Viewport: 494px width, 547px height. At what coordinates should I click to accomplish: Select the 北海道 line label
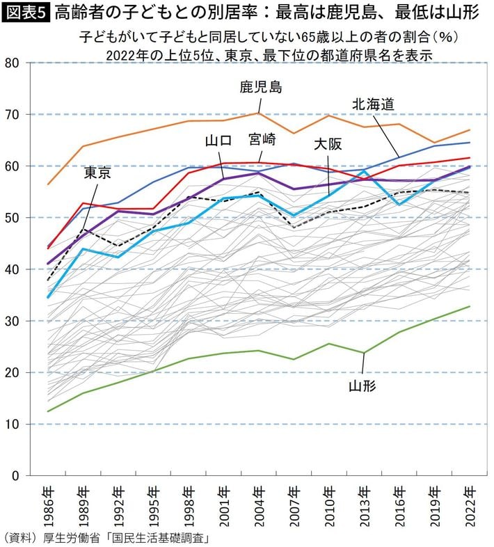point(373,104)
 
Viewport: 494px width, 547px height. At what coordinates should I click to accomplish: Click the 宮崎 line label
point(262,139)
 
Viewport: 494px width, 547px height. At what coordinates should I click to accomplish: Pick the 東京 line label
point(97,173)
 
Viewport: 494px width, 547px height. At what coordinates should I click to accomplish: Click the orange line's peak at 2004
point(258,113)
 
